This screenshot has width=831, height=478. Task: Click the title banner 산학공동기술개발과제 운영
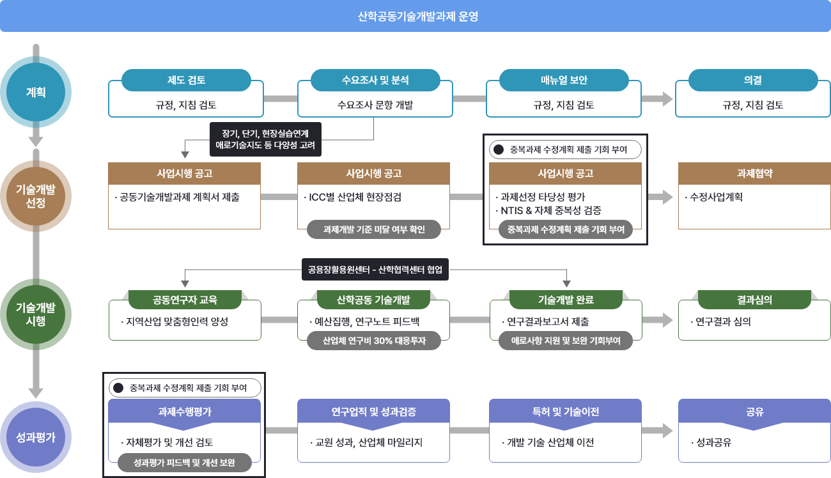pyautogui.click(x=415, y=16)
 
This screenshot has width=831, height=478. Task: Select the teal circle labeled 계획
pyautogui.click(x=36, y=92)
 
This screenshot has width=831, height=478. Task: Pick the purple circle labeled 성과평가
pyautogui.click(x=36, y=438)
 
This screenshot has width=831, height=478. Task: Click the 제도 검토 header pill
pyautogui.click(x=185, y=80)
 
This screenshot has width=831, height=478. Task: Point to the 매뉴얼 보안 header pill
pyautogui.click(x=563, y=80)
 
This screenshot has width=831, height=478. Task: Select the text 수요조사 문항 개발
pyautogui.click(x=375, y=105)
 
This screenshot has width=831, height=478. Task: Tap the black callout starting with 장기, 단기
pyautogui.click(x=265, y=139)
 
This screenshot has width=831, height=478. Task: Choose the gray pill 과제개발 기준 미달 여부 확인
pyautogui.click(x=374, y=229)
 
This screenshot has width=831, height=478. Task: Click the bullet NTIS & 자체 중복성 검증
pyautogui.click(x=550, y=210)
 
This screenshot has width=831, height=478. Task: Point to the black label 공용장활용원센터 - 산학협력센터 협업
pyautogui.click(x=375, y=269)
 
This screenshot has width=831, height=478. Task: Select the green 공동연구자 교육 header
pyautogui.click(x=185, y=299)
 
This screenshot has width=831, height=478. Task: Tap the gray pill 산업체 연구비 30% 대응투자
pyautogui.click(x=374, y=341)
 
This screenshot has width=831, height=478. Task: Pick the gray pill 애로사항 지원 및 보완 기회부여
pyautogui.click(x=566, y=341)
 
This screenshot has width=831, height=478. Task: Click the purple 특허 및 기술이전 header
pyautogui.click(x=565, y=412)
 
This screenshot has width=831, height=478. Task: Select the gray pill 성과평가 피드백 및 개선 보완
pyautogui.click(x=184, y=463)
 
